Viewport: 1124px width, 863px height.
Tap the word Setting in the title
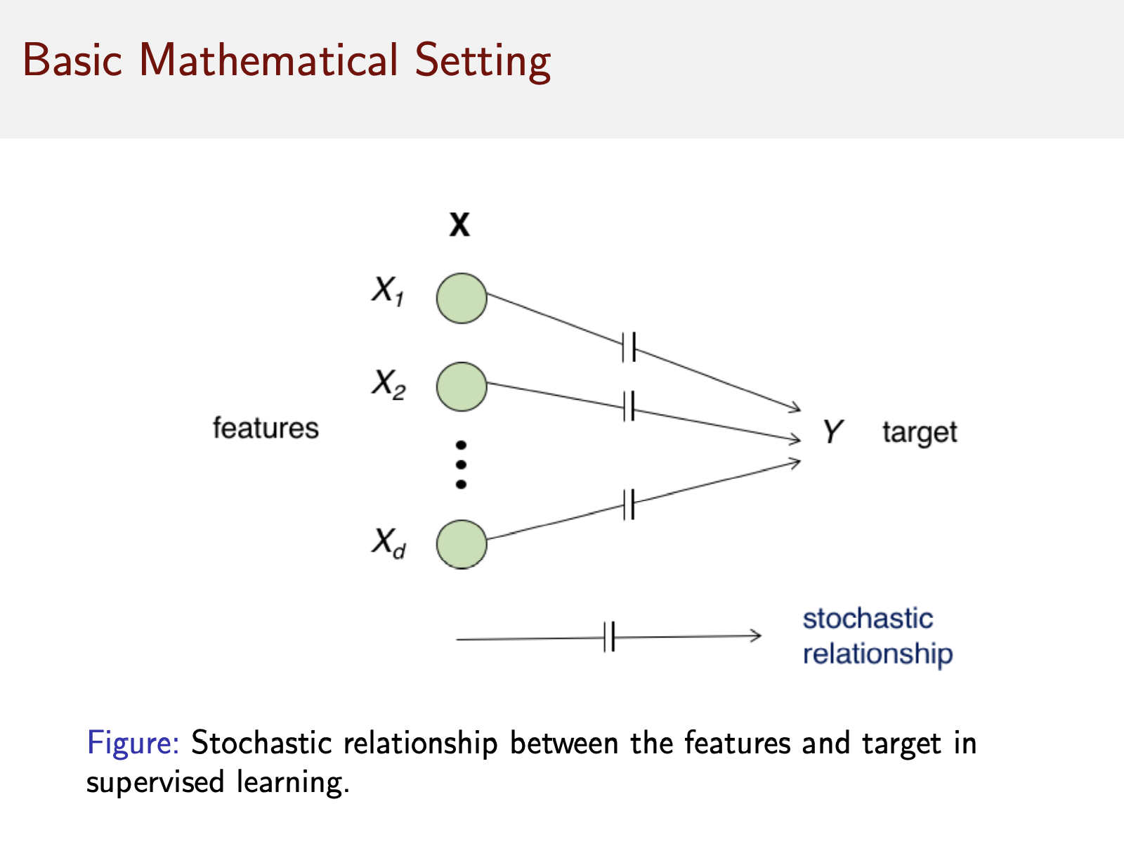pyautogui.click(x=483, y=61)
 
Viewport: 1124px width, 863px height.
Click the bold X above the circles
pyautogui.click(x=460, y=225)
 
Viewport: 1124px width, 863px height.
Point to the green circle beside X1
pyautogui.click(x=462, y=299)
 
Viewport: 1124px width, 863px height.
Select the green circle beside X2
pyautogui.click(x=462, y=387)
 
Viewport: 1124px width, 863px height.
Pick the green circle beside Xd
pyautogui.click(x=462, y=544)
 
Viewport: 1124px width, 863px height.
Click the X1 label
pyautogui.click(x=387, y=291)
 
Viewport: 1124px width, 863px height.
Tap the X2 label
pyautogui.click(x=388, y=384)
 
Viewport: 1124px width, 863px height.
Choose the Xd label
pyautogui.click(x=388, y=543)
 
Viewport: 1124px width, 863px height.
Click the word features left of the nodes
pyautogui.click(x=266, y=428)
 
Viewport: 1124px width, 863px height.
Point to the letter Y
pyautogui.click(x=832, y=431)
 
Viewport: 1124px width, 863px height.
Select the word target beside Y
pyautogui.click(x=920, y=432)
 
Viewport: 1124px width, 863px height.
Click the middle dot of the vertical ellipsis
pyautogui.click(x=462, y=465)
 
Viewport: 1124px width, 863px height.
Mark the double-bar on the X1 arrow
pyautogui.click(x=629, y=346)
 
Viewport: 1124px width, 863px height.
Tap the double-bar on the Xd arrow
pyautogui.click(x=629, y=505)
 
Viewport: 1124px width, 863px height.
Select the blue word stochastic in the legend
pyautogui.click(x=868, y=619)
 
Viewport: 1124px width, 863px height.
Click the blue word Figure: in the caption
pyautogui.click(x=133, y=744)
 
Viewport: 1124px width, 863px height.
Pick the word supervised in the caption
pyautogui.click(x=155, y=782)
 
